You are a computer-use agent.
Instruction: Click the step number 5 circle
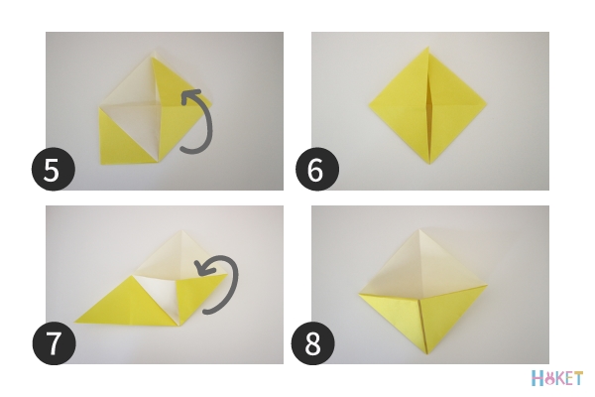(54, 170)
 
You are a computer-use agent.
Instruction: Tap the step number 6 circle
(317, 170)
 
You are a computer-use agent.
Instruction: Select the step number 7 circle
(54, 343)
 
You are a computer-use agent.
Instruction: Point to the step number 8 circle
(312, 343)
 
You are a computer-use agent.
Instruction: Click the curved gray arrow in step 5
(208, 125)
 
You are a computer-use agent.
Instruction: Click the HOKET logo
(556, 378)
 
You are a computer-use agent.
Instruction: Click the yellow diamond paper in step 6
(427, 105)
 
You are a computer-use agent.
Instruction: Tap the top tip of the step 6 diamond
(428, 47)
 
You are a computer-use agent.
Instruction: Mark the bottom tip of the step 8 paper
(428, 354)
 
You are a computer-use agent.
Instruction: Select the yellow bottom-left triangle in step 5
(120, 144)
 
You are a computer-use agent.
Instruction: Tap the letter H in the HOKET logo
(537, 379)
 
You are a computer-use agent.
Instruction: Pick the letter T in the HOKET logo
(577, 379)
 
